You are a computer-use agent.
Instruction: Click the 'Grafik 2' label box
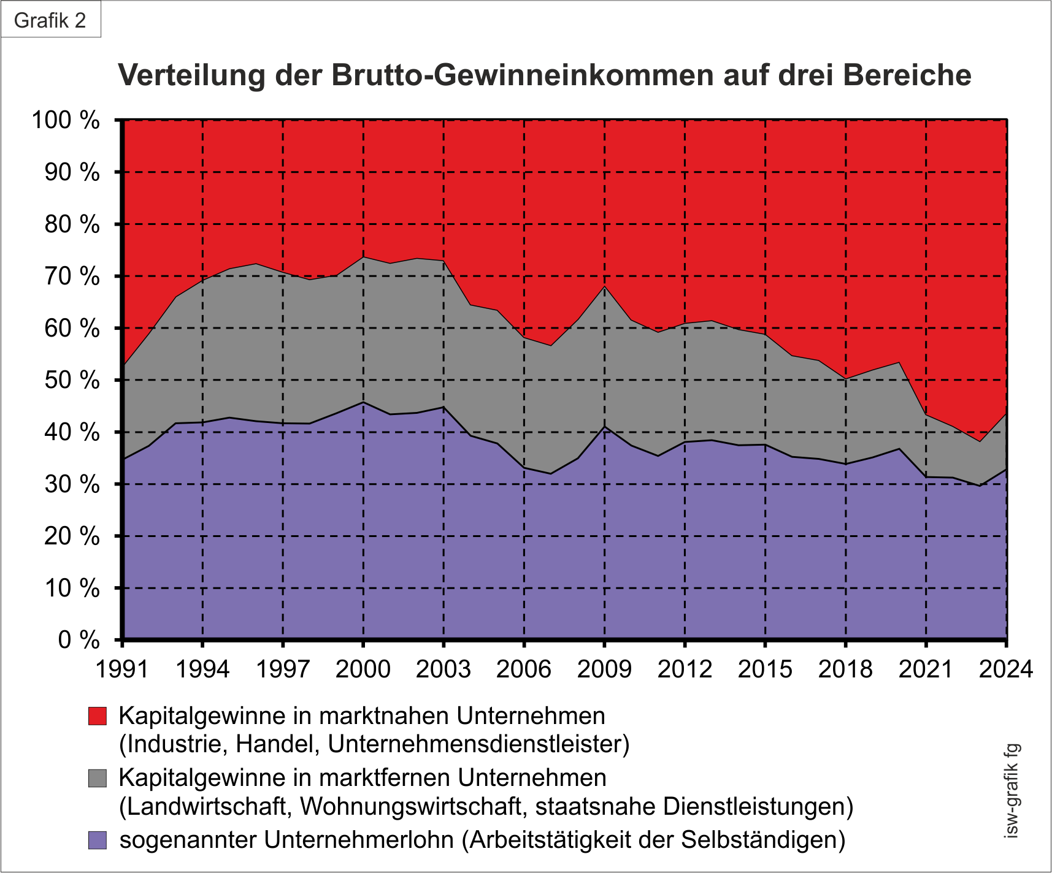50,20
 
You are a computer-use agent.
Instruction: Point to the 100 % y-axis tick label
65,120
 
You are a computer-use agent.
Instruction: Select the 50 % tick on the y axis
72,380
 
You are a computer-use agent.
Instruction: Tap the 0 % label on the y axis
79,640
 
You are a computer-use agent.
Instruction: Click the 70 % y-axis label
72,276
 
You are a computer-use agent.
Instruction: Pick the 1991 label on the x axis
122,669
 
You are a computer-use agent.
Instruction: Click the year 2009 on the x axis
604,669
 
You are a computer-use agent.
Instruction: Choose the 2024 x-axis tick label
1006,669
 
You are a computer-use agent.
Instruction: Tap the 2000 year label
363,669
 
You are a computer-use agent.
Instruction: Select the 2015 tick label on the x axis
765,669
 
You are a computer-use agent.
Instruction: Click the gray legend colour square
98,778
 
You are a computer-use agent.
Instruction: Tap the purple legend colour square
98,840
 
